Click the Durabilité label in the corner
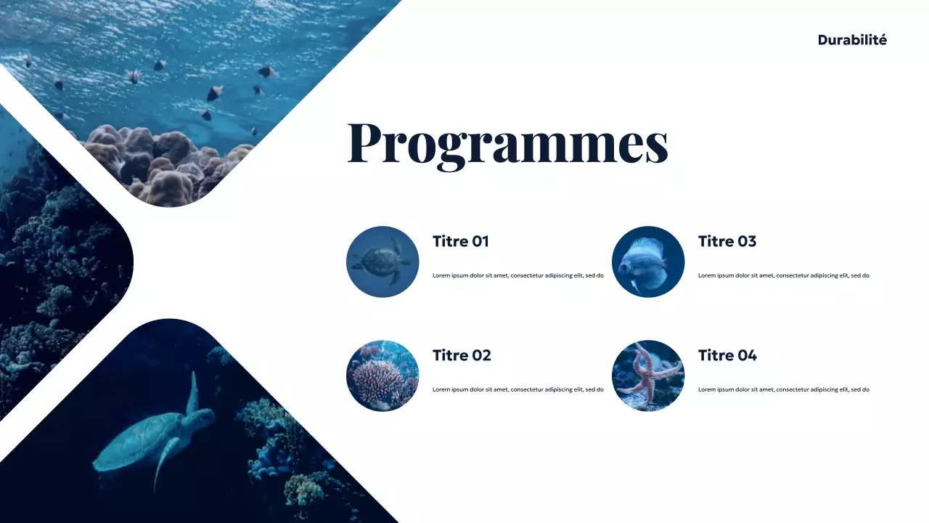852,40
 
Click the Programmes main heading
507,143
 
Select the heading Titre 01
461,241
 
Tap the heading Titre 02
462,355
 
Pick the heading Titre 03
727,241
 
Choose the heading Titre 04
727,355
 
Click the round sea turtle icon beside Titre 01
382,261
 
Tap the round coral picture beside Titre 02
382,376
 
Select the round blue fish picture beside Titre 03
648,261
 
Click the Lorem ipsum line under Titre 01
518,276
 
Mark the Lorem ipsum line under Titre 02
518,390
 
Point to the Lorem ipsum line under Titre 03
784,276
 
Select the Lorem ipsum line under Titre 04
784,390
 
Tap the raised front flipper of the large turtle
193,392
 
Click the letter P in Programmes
369,143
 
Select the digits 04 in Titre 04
747,355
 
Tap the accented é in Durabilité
882,40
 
